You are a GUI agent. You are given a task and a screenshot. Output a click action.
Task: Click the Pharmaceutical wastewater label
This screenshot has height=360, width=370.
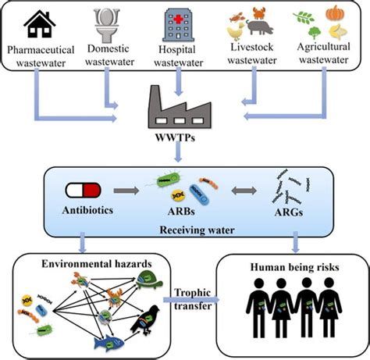[43, 59]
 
